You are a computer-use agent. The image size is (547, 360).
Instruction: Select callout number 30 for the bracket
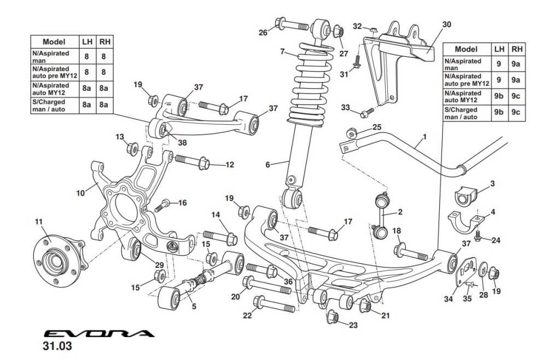447,25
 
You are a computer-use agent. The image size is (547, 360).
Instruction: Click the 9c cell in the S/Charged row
516,112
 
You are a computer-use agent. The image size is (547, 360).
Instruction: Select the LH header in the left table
87,42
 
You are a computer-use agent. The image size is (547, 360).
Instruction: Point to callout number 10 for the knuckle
80,193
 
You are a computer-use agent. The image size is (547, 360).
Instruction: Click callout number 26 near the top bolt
264,32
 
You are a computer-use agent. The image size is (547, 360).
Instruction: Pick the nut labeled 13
132,148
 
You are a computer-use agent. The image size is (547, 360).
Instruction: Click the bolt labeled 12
191,161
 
